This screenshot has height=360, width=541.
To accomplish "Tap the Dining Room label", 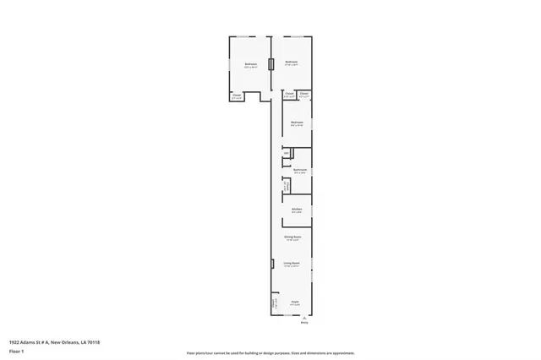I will point(292,237).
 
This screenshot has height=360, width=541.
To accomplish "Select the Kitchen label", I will point(297,209).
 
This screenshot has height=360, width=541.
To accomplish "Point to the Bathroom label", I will point(299,170).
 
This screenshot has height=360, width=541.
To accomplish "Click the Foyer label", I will point(296,302).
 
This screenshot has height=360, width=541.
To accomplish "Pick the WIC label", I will point(287,153).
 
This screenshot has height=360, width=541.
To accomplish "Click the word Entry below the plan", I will point(304,322).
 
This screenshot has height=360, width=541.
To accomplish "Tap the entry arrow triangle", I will point(304,317).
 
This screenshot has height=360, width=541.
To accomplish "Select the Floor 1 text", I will point(16,350).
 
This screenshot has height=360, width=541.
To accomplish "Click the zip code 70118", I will point(92,342).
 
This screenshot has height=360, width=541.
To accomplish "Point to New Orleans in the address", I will point(65,342).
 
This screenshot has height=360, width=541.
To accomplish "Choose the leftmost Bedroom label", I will point(251,64).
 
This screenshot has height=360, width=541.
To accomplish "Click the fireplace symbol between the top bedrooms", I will point(271,64).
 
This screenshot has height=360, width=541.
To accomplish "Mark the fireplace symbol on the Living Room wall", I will point(272,264).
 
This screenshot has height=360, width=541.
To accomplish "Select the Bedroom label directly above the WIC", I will point(297,123).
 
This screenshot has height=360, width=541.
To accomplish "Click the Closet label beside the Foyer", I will point(274,301).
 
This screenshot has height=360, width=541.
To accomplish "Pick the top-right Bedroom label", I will point(292,62).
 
